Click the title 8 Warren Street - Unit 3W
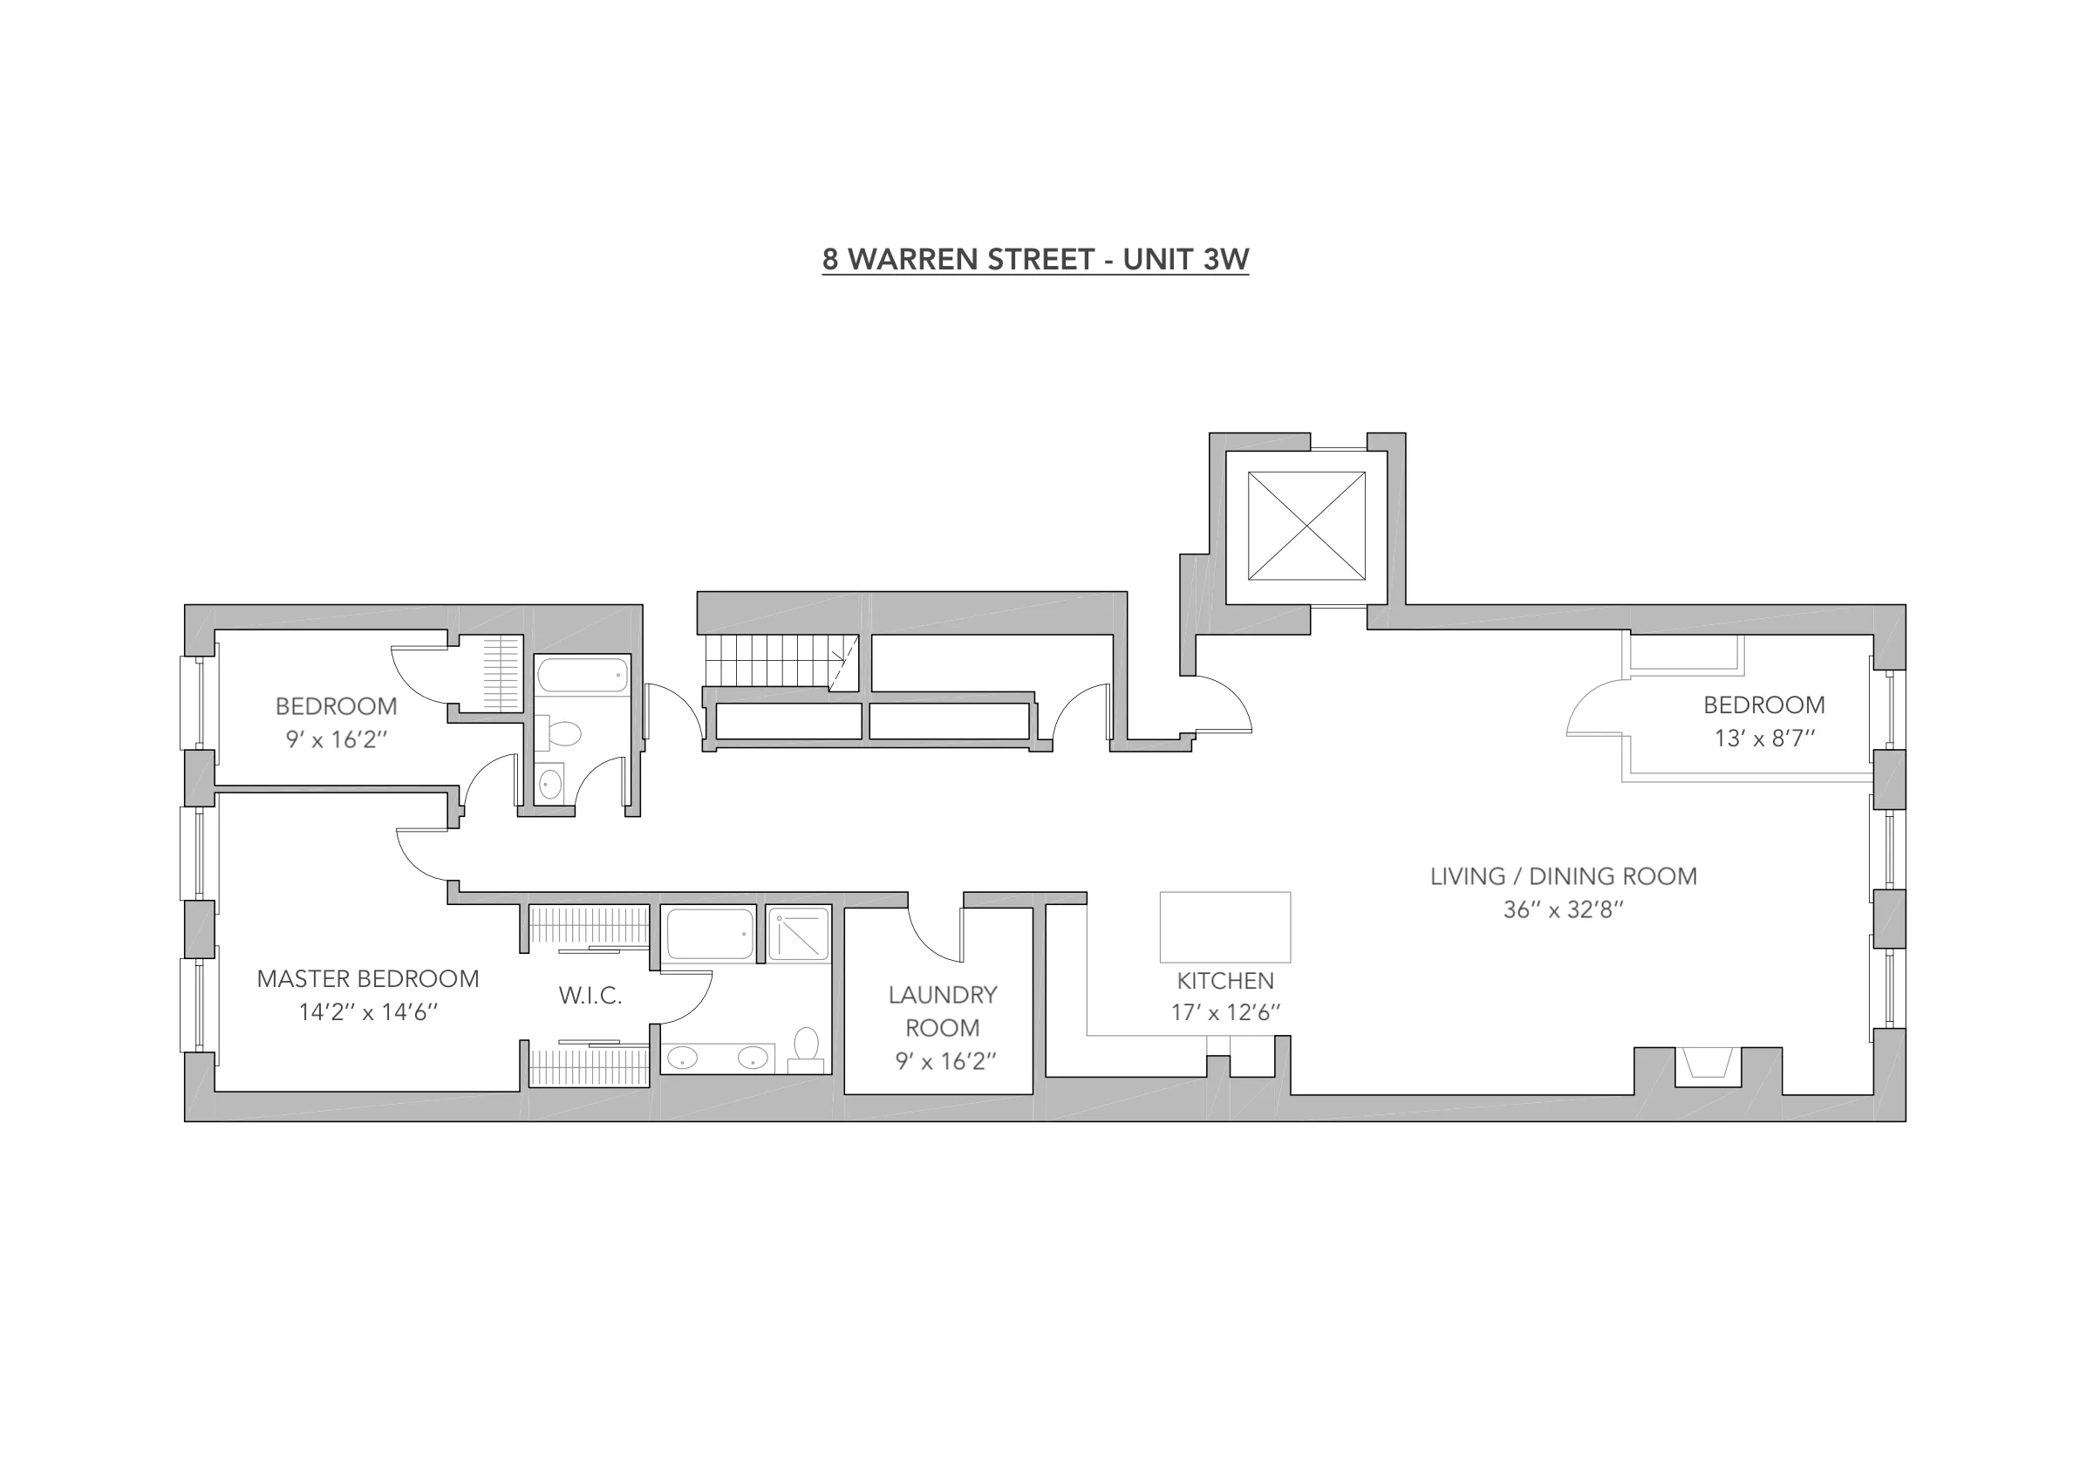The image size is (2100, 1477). tap(1034, 260)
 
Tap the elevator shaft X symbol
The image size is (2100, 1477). tap(1306, 526)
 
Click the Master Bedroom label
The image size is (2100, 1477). tap(368, 978)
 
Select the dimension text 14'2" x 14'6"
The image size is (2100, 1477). tap(368, 1012)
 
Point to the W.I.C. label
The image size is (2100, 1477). tap(590, 996)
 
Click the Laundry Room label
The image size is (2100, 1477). tap(942, 1011)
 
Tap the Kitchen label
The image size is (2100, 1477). tap(1224, 980)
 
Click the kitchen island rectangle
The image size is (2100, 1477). tap(1224, 927)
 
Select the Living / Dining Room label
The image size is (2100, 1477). tap(1563, 876)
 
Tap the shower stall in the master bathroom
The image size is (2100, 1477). tap(798, 934)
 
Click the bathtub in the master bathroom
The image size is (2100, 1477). tap(709, 934)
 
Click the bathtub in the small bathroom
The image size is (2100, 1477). tap(582, 676)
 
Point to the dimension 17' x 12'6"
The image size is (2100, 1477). tap(1224, 1012)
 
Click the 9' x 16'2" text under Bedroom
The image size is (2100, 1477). tap(337, 739)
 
